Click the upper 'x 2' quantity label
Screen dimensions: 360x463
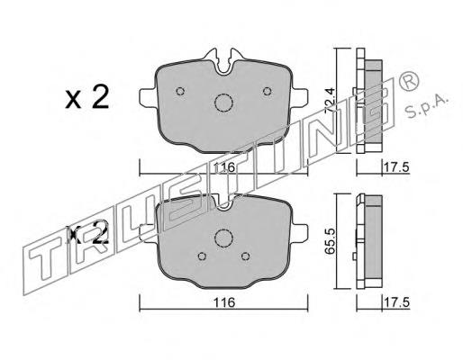(x=87, y=97)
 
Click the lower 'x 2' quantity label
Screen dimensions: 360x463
(x=88, y=236)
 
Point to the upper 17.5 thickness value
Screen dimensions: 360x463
(x=390, y=168)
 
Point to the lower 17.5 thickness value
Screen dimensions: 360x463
(x=390, y=304)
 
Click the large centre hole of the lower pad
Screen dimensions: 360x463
(x=222, y=239)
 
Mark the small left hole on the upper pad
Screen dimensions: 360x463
(x=180, y=90)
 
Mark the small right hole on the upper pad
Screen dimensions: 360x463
(x=267, y=90)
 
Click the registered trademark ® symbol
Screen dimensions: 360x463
(x=407, y=81)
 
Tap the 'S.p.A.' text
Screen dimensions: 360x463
(x=431, y=107)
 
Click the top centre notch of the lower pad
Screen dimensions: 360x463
(x=223, y=203)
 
